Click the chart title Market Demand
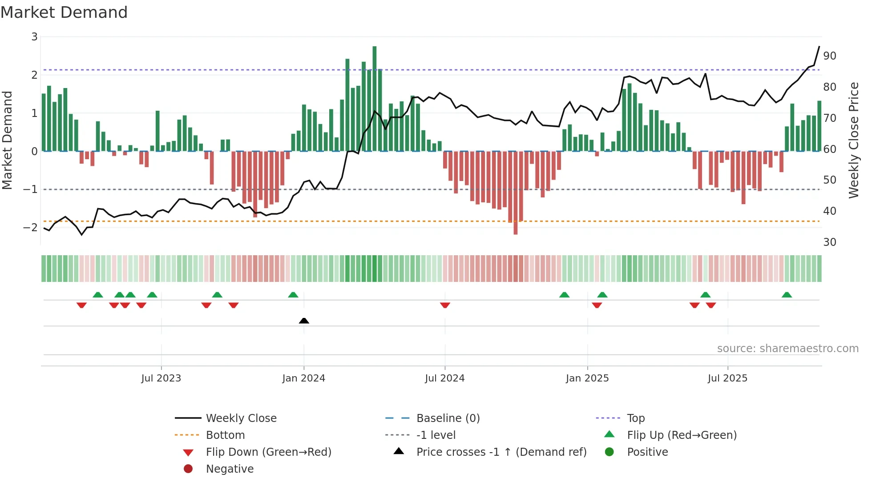pos(64,12)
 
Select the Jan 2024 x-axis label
pos(303,378)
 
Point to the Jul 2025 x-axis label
pos(727,378)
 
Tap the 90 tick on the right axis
pos(829,56)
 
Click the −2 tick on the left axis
pos(31,227)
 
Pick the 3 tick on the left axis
pos(34,37)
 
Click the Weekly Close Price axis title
pos(853,140)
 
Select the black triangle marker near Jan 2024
pos(304,321)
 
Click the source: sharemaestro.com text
pos(787,348)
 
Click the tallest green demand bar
pos(375,98)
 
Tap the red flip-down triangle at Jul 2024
pos(445,305)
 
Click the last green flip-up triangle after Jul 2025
pos(787,295)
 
